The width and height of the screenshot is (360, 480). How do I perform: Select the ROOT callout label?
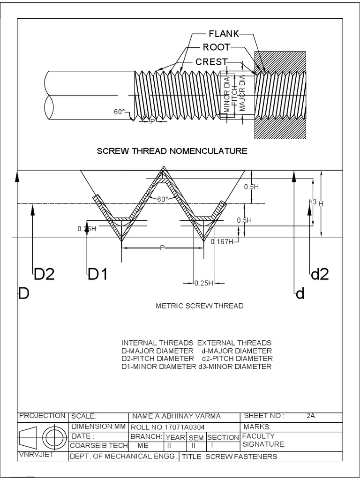click(216, 47)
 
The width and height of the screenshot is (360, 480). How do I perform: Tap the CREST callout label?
click(211, 61)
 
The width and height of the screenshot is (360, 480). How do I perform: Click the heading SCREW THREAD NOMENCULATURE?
click(172, 151)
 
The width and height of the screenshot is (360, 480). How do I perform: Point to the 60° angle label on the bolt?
click(120, 112)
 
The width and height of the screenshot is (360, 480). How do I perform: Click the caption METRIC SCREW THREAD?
click(199, 306)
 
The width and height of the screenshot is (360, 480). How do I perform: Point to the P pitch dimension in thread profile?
click(162, 247)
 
